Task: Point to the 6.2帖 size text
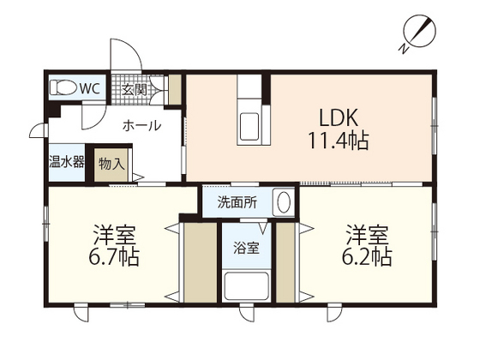click(368, 256)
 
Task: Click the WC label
click(90, 87)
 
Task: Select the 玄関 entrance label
click(134, 88)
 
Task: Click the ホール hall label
click(141, 125)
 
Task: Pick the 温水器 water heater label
click(65, 162)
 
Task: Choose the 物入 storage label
click(111, 162)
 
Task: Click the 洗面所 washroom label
click(235, 203)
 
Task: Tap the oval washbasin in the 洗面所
click(282, 203)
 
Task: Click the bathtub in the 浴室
click(246, 285)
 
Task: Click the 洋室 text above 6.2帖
click(368, 233)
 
